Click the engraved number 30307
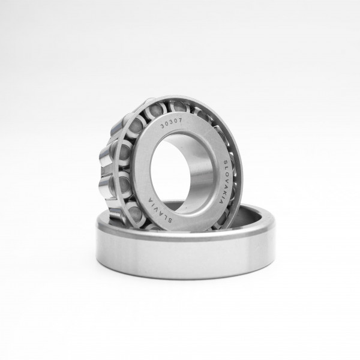[171, 124]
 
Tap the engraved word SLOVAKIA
[223, 181]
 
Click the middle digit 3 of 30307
[171, 123]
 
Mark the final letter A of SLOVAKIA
[221, 202]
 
